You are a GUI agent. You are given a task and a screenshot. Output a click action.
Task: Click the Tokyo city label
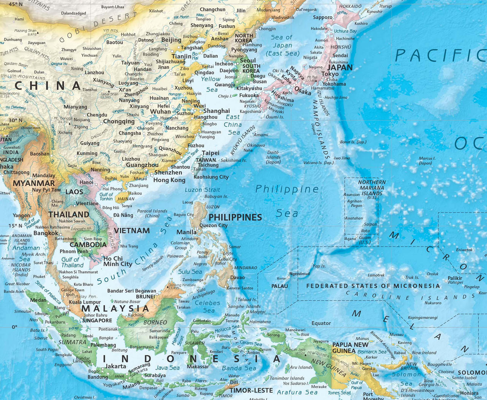(x=330, y=74)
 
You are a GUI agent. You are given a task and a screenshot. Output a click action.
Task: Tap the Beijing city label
(x=171, y=40)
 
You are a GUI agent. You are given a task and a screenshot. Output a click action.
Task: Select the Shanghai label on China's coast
(x=216, y=111)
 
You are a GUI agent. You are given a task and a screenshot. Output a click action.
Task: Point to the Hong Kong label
(x=169, y=180)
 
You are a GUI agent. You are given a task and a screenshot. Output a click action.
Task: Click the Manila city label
(x=186, y=232)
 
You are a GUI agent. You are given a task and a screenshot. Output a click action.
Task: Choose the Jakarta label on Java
(x=116, y=366)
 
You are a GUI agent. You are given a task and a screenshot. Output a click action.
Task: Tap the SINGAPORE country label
(x=97, y=320)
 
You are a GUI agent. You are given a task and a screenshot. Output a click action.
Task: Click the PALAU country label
(x=279, y=286)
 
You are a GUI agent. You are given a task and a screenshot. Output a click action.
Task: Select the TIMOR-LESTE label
(x=251, y=390)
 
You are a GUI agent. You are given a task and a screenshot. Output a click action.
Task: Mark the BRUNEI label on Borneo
(x=145, y=296)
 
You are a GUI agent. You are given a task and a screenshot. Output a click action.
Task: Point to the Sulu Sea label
(x=190, y=272)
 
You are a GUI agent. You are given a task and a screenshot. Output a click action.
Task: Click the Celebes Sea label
(x=208, y=307)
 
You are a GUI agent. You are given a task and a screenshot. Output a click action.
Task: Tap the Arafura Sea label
(x=297, y=392)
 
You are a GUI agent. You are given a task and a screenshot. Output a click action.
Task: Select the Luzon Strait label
(x=202, y=190)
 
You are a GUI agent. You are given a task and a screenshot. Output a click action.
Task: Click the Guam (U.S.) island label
(x=364, y=240)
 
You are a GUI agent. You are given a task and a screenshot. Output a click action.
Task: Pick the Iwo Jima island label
(x=342, y=158)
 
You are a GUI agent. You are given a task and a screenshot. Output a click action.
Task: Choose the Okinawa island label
(x=256, y=145)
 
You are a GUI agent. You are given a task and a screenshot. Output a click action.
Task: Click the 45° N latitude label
(x=16, y=4)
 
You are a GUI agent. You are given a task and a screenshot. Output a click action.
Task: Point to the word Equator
(x=321, y=323)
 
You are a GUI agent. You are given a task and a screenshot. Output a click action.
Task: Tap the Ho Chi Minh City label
(x=118, y=261)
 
